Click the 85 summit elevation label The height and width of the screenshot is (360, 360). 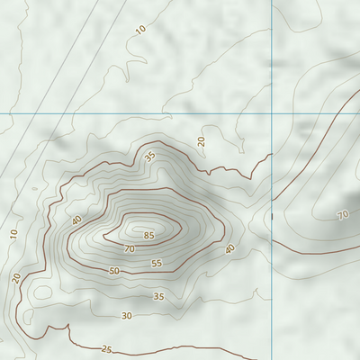point(148,236)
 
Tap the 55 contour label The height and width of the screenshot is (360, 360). point(157,264)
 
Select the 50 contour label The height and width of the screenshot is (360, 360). point(114,270)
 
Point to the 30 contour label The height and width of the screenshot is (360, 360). point(127,315)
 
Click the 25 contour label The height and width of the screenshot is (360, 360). point(107,349)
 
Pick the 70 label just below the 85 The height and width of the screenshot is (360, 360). point(130,248)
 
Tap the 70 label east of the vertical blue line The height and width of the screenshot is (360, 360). point(342,215)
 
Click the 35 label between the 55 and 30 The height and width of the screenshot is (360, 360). point(158,296)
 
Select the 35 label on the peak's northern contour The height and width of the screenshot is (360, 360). point(149,156)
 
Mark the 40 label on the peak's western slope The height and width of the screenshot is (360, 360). point(76,220)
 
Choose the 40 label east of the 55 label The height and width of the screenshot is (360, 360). point(229,248)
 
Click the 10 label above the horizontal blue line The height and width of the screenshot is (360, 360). point(140,30)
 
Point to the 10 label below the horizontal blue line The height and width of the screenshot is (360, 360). point(13,234)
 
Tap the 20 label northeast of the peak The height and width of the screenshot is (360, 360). point(202,140)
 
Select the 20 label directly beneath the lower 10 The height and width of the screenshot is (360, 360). point(17,277)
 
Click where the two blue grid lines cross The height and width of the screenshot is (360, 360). point(272,113)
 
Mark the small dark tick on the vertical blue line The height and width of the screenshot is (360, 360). point(272,216)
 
